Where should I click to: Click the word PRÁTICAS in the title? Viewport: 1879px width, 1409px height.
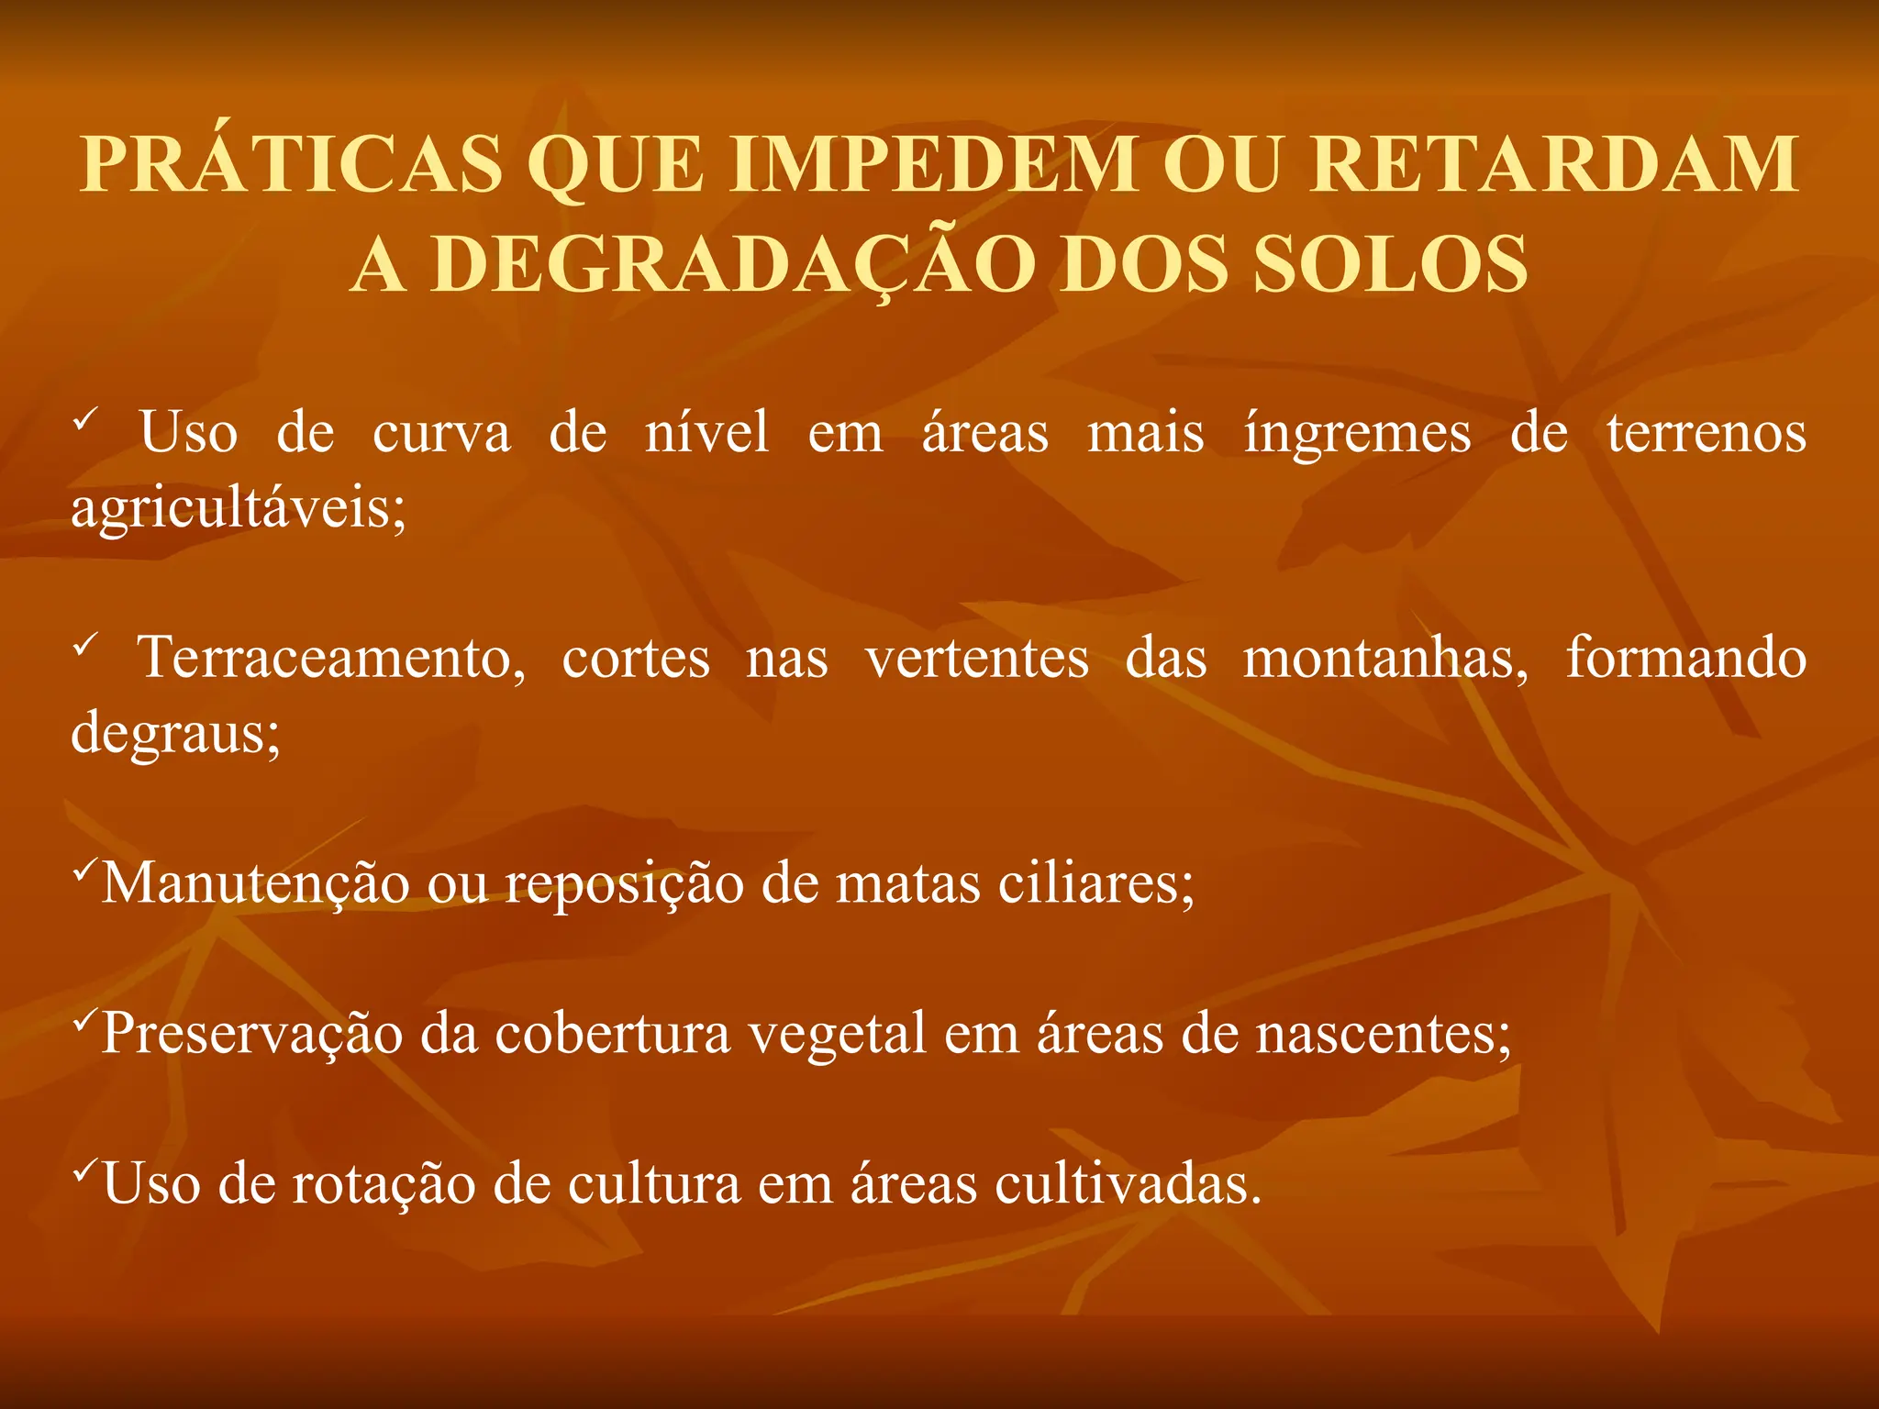pyautogui.click(x=292, y=165)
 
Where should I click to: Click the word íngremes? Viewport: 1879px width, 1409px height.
pyautogui.click(x=1357, y=434)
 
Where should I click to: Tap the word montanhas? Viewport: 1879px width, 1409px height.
pyautogui.click(x=1385, y=659)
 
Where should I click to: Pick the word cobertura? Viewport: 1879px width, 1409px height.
pyautogui.click(x=612, y=1035)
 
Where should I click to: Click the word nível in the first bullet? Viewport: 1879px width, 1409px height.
pyautogui.click(x=706, y=433)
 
